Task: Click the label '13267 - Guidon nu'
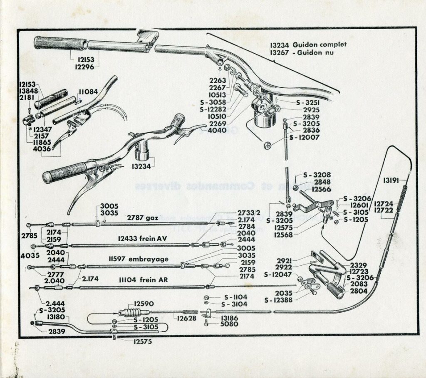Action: (x=302, y=53)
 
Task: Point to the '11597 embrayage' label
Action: (x=142, y=259)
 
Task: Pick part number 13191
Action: (x=391, y=180)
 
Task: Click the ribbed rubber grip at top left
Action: (x=60, y=43)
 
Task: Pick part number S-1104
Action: (x=235, y=297)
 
